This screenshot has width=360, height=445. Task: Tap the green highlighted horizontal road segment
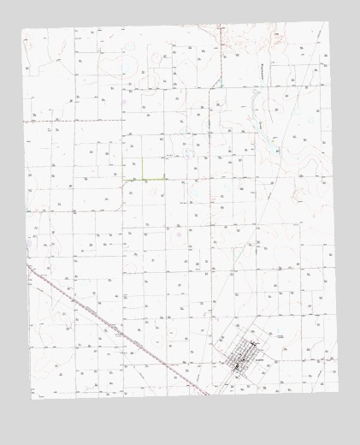tap(145, 178)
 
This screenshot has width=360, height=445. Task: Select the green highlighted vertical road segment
tap(142, 169)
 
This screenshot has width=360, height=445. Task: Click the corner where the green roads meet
tap(142, 178)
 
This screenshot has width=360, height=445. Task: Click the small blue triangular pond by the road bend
tap(219, 82)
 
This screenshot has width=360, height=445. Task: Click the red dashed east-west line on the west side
tap(51, 122)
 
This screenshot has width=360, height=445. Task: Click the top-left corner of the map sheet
tap(21, 30)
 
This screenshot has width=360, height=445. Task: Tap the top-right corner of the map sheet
tap(328, 23)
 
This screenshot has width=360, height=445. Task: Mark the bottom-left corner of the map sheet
tap(32, 399)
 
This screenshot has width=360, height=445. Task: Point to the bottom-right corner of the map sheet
tap(339, 393)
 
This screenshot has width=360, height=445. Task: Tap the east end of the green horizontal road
tap(166, 178)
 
